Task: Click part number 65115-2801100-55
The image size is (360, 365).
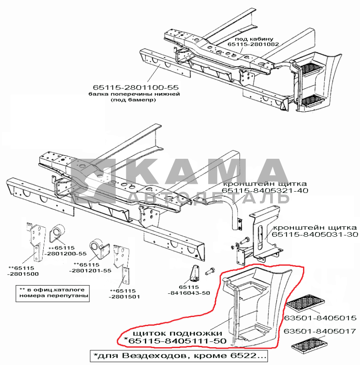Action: point(136,87)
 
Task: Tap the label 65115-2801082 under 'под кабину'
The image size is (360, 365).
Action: point(253,44)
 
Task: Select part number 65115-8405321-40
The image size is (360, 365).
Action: point(265,190)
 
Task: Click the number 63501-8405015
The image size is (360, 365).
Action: point(320,318)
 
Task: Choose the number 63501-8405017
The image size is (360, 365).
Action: point(320,331)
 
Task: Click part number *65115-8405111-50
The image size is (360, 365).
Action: point(175,341)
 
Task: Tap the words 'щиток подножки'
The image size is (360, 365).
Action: point(177,333)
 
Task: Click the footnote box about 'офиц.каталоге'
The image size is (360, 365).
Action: point(52,293)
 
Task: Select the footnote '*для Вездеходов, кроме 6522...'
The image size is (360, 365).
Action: point(179,356)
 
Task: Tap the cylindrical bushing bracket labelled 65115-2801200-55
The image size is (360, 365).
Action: point(57,233)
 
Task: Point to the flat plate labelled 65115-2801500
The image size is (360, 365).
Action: point(35,242)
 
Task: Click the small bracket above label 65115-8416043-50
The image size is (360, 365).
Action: point(195,273)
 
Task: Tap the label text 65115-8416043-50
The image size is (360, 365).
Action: point(189,290)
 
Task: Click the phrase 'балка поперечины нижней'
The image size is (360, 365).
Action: point(134,94)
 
